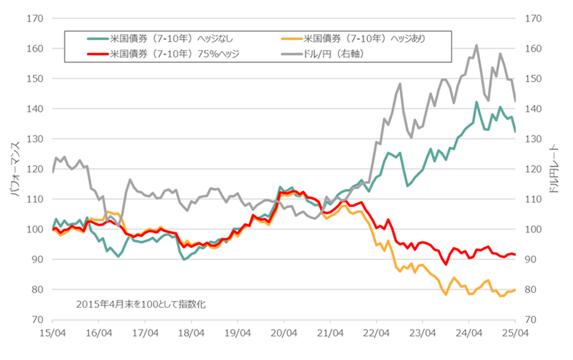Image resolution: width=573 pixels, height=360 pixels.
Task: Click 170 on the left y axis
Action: click(x=35, y=19)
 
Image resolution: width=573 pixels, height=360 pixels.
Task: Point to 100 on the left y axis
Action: click(x=35, y=229)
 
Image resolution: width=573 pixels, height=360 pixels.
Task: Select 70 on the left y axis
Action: click(x=37, y=319)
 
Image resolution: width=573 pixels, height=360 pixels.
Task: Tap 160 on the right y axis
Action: click(x=533, y=49)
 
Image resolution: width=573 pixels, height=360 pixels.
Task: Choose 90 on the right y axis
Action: click(x=531, y=259)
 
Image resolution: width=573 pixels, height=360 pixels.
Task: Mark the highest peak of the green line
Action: click(x=476, y=102)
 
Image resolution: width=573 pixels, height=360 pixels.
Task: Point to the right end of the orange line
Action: click(x=515, y=289)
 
